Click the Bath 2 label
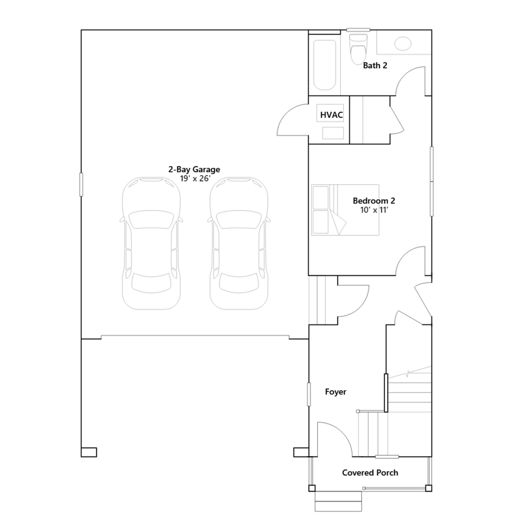coord(375,65)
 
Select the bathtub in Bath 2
coord(324,64)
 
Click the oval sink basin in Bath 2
coord(403,44)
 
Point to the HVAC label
coord(331,115)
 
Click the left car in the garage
coord(151,243)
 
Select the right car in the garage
coord(239,243)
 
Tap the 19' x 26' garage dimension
coord(195,179)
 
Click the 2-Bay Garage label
coord(194,169)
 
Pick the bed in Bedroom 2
coord(345,210)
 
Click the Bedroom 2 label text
coord(374,201)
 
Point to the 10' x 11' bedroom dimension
coord(374,210)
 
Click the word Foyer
coord(336,392)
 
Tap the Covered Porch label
coord(370,473)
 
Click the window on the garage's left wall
coord(81,184)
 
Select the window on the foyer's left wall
coord(309,394)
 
